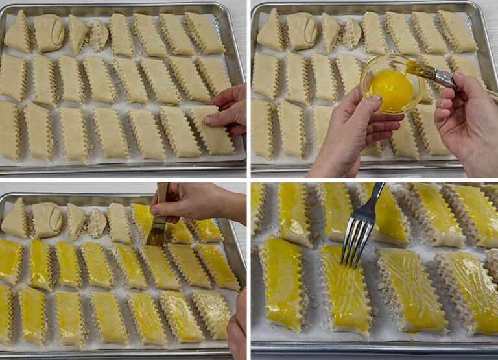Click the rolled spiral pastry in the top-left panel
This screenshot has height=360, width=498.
pyautogui.click(x=49, y=32)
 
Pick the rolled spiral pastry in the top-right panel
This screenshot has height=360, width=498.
pyautogui.click(x=302, y=31)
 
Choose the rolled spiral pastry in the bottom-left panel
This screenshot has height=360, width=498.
pyautogui.click(x=47, y=220)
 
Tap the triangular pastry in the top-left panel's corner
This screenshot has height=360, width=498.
pyautogui.click(x=18, y=32)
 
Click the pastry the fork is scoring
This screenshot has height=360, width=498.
pyautogui.click(x=343, y=289)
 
